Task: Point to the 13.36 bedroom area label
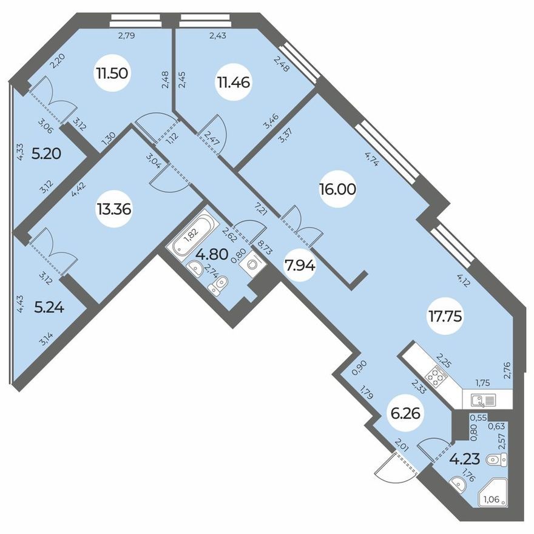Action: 113,209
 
